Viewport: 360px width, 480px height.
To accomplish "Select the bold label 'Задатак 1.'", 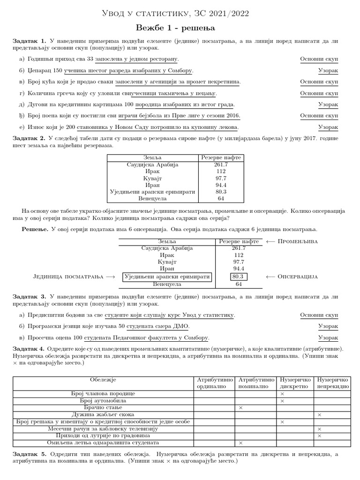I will (x=30, y=41).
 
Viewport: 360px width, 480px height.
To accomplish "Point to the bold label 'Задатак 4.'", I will (x=30, y=349).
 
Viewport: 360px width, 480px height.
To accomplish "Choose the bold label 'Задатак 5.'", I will (x=30, y=454).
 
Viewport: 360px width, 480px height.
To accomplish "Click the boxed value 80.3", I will (x=239, y=277).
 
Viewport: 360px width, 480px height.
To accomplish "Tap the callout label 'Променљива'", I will (x=298, y=241).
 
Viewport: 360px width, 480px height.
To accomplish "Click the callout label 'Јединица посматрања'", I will (x=68, y=277).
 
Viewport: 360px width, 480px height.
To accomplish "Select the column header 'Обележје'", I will (x=103, y=379).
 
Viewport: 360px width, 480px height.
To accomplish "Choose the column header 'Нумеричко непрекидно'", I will (x=332, y=382).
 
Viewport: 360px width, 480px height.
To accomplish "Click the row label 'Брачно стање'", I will (x=103, y=408).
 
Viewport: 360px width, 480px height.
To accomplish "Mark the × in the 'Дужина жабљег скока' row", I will (x=319, y=415).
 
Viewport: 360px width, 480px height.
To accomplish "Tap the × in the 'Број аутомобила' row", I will (x=282, y=401).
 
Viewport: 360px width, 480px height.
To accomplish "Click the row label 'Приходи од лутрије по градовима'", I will (x=103, y=435).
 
